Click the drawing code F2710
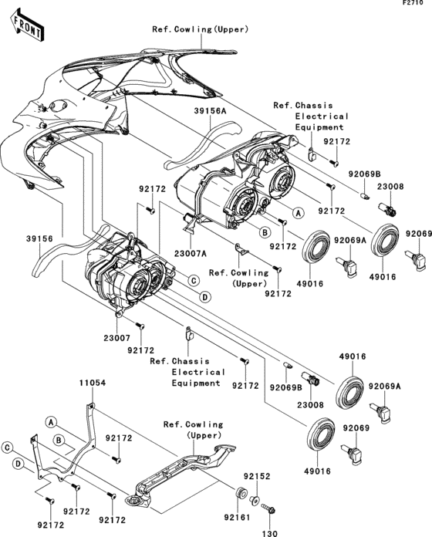[413, 5]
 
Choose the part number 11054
[91, 383]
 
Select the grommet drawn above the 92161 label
[241, 494]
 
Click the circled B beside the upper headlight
[263, 231]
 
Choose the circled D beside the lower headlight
[205, 296]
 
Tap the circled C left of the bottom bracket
[7, 447]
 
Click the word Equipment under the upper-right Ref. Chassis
[320, 127]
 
